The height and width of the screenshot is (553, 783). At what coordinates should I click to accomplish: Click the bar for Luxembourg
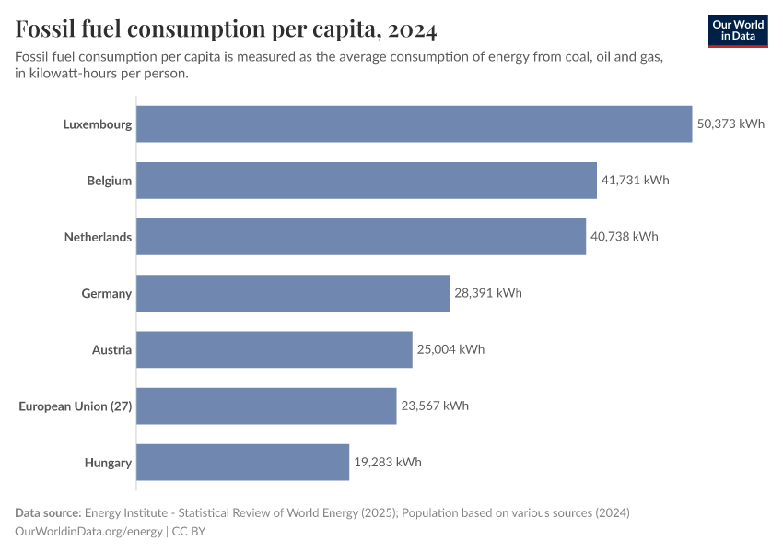(415, 124)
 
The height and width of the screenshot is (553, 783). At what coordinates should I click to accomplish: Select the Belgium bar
(367, 181)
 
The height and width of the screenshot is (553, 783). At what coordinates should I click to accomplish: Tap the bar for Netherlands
(361, 237)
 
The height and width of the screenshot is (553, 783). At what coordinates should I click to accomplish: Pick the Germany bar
(293, 293)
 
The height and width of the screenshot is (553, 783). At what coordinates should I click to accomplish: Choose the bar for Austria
(275, 349)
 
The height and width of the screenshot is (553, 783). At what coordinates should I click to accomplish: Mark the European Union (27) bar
(266, 406)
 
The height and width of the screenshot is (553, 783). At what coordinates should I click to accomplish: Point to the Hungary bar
(243, 462)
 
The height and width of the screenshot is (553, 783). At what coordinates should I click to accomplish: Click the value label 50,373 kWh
(730, 124)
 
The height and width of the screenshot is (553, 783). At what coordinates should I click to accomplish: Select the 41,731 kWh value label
(635, 181)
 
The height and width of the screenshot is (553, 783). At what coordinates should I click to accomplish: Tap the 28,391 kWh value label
(487, 293)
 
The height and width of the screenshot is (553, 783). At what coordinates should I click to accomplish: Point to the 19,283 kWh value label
(387, 462)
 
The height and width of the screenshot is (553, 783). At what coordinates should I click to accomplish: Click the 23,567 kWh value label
(434, 406)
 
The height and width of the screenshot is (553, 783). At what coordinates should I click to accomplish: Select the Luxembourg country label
(98, 124)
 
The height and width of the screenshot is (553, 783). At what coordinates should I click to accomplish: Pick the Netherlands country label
(98, 237)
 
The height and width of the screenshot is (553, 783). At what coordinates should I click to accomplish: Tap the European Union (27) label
(76, 406)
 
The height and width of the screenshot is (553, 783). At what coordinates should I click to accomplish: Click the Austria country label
(111, 349)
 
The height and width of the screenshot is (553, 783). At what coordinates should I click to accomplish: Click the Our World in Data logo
(737, 30)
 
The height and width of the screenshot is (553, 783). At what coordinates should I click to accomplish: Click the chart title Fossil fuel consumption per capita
(226, 29)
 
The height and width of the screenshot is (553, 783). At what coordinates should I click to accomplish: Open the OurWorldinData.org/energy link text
(89, 532)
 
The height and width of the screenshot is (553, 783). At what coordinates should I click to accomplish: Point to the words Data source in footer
(47, 512)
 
